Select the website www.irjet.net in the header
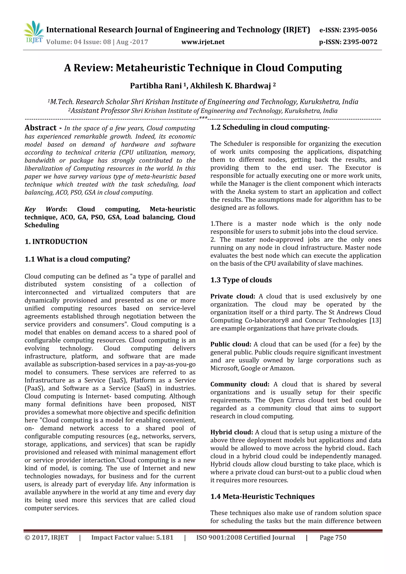(203, 42)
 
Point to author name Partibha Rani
(156, 86)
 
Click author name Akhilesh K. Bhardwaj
(230, 86)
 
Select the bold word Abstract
(40, 128)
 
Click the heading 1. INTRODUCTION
(56, 242)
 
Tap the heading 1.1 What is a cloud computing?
(77, 259)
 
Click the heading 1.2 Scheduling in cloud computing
(270, 127)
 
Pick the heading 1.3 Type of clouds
(241, 280)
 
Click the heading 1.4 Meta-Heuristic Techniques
(262, 497)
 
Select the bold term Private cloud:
(233, 296)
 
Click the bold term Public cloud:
(231, 345)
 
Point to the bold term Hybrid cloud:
(232, 432)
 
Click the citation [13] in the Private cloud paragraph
(375, 321)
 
